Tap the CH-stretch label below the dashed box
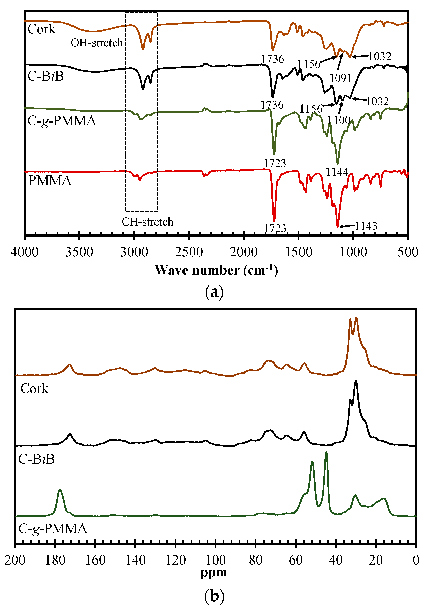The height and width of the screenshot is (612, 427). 147,222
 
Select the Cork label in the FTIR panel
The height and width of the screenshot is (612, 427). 42,29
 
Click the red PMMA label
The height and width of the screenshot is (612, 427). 50,181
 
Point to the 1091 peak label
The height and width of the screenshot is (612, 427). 341,78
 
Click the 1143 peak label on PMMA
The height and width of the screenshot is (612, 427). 366,226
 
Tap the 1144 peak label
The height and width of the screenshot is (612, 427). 337,172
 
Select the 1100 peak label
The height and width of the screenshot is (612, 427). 339,120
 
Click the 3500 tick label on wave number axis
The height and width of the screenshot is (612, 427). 79,252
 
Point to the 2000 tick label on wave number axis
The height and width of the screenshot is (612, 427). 244,252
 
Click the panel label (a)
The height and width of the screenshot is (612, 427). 214,292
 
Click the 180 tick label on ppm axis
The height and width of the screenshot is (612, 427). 55,560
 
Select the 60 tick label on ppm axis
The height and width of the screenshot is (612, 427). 296,560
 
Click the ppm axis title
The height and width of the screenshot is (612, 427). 214,572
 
